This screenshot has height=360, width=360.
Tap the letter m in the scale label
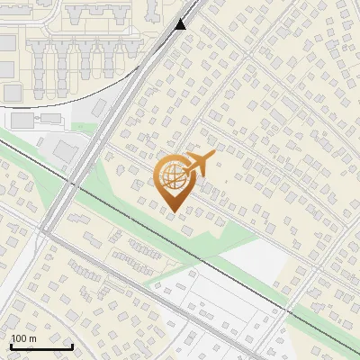tap(31, 338)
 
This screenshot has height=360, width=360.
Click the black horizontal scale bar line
tap(41, 346)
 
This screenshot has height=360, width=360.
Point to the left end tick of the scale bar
tap(11, 345)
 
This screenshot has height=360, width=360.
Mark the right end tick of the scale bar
tap(72, 345)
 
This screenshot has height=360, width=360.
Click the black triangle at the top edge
tap(181, 23)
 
